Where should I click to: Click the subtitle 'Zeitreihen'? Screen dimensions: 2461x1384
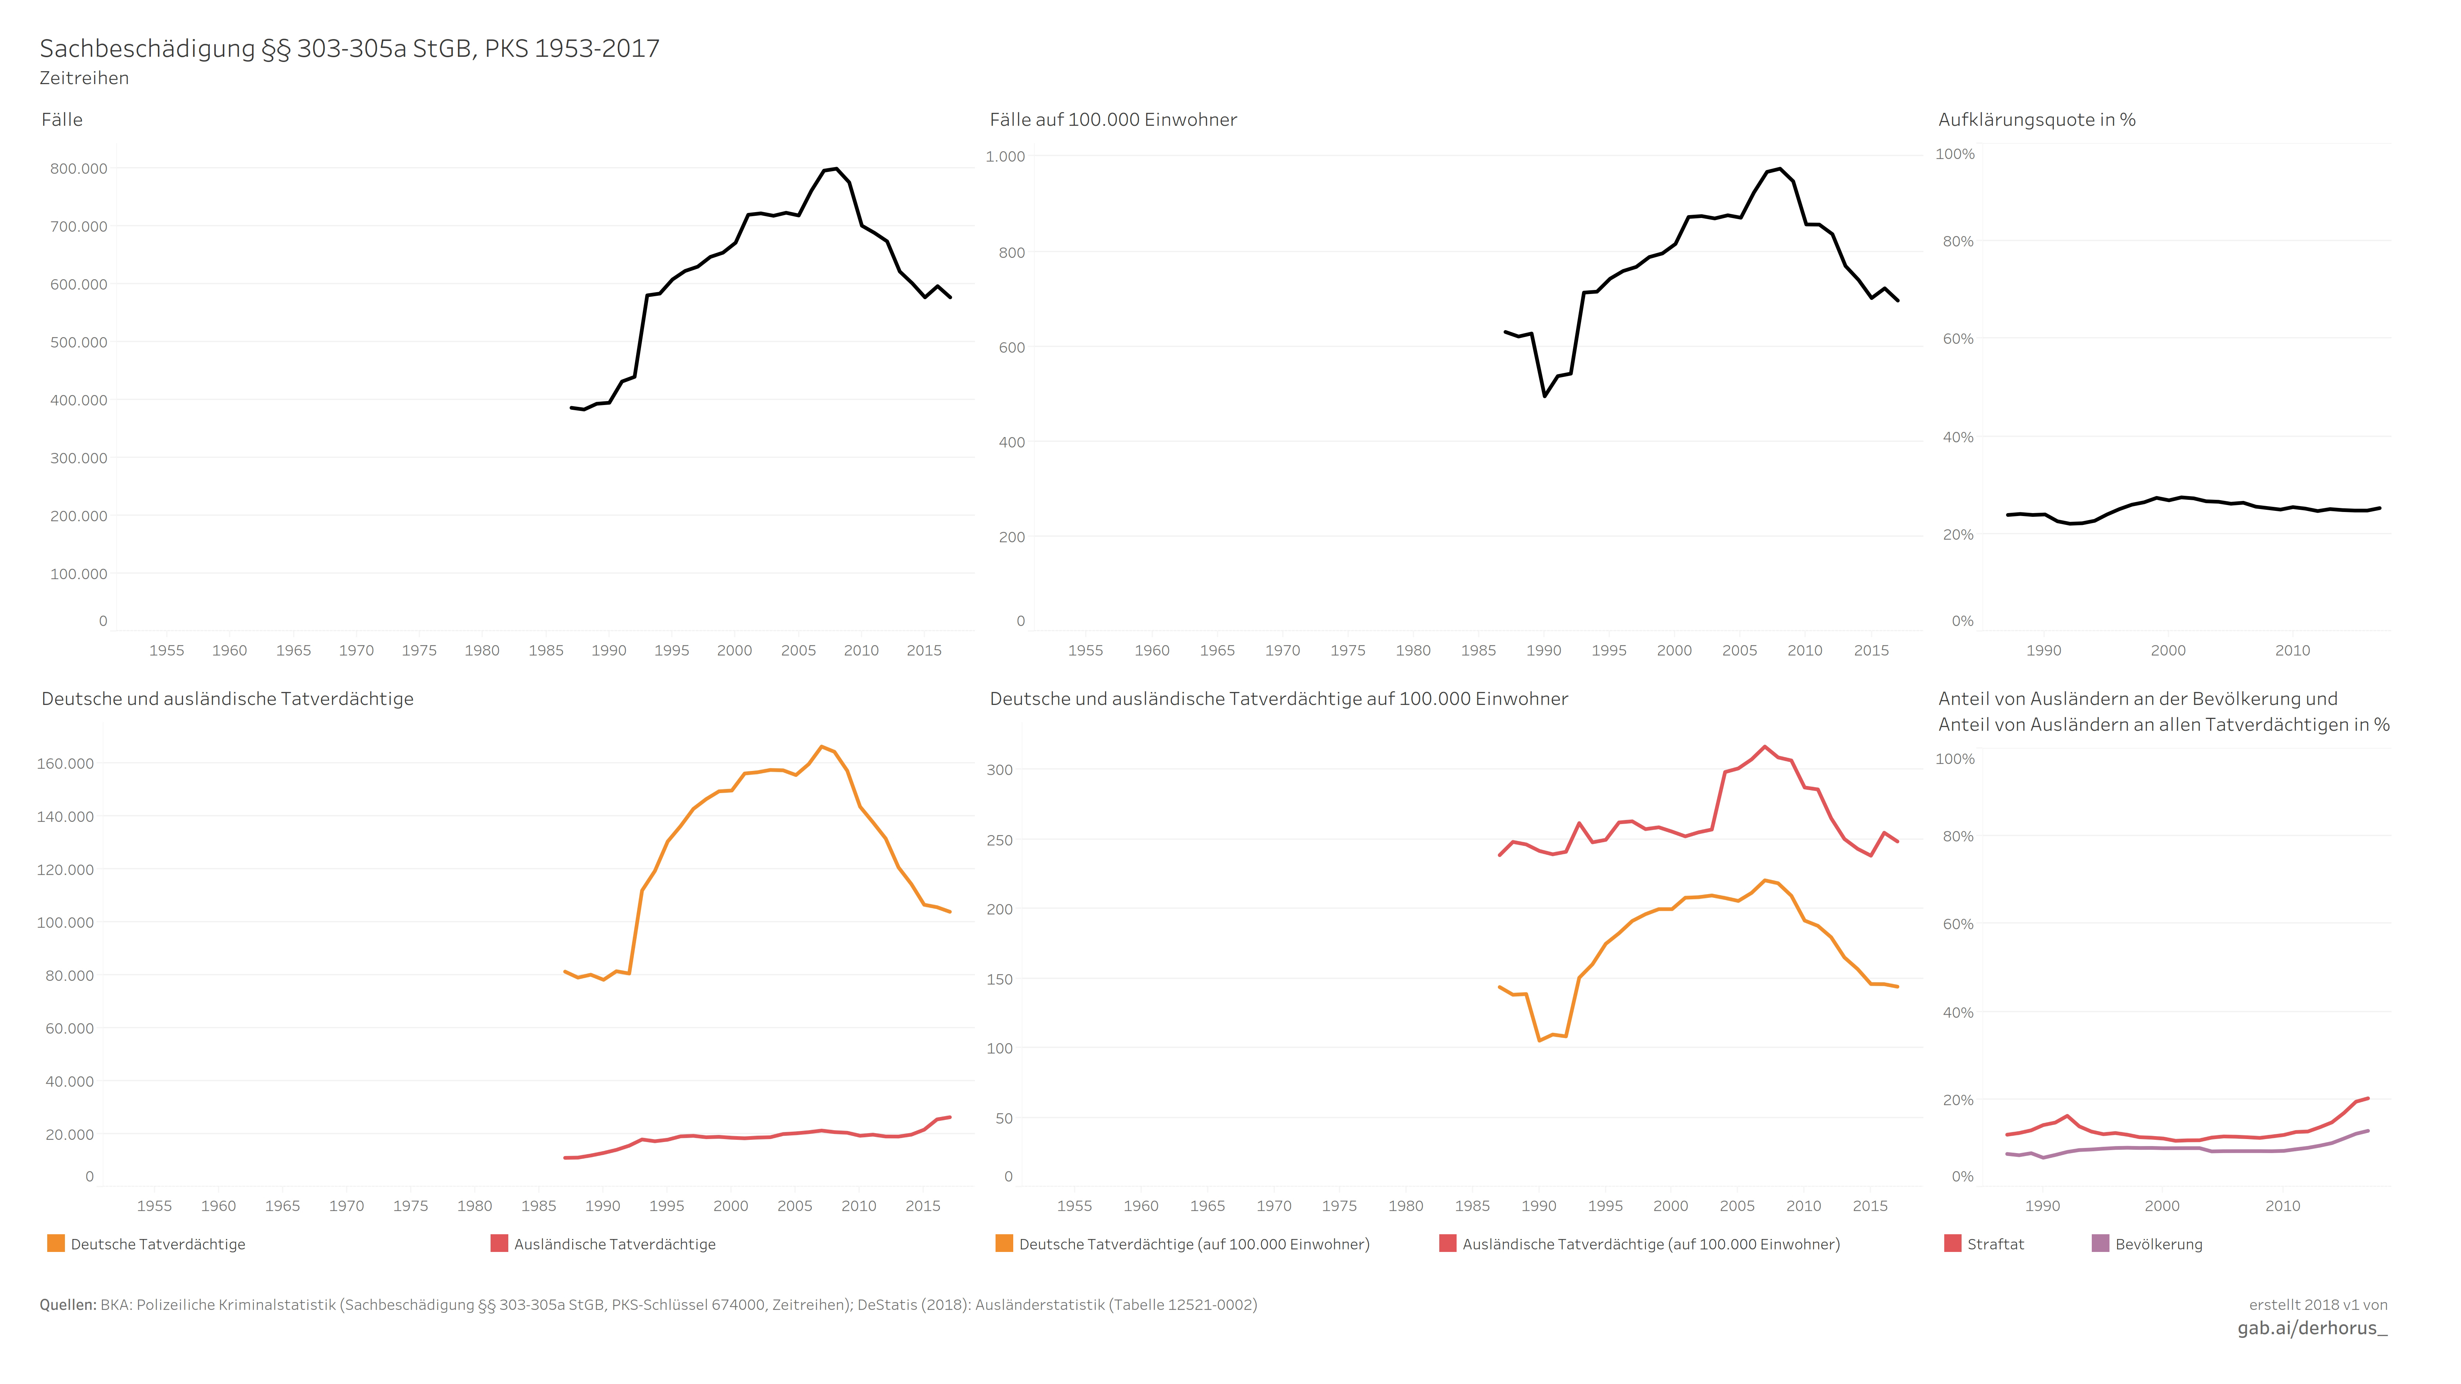(84, 78)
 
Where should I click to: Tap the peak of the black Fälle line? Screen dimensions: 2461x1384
(836, 169)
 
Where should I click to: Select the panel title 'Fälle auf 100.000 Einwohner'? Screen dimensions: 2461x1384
(1113, 120)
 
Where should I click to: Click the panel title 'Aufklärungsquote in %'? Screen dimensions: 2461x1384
(2037, 120)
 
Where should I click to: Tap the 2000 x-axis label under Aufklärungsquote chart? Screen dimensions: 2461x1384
(2168, 650)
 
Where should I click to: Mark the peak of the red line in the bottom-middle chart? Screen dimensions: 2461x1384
(1765, 747)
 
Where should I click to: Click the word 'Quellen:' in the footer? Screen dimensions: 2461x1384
(68, 1305)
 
